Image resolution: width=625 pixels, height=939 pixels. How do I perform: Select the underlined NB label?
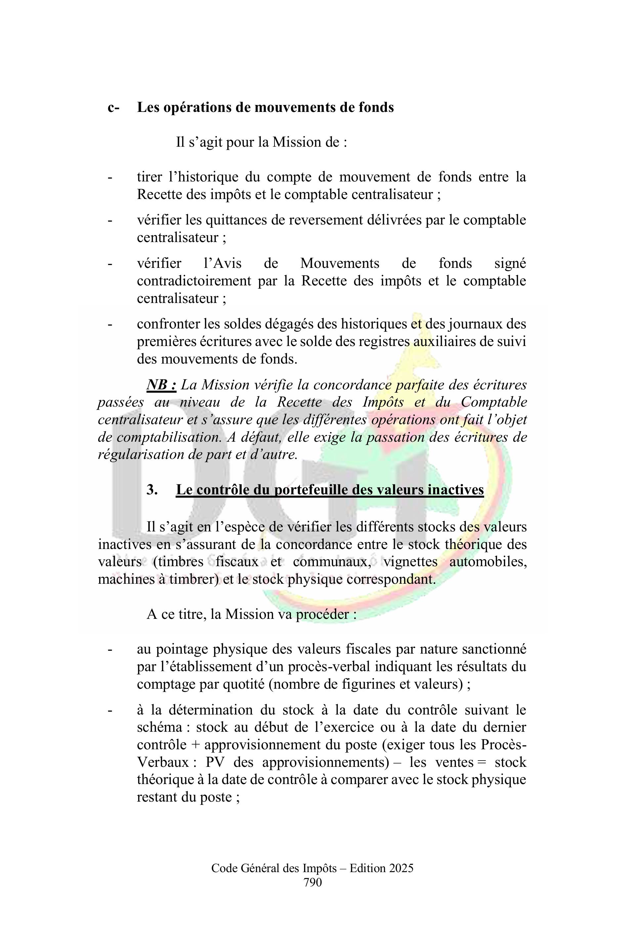(x=161, y=385)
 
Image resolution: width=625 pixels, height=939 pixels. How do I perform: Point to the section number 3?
(x=151, y=489)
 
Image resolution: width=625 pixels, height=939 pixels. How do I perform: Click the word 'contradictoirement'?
(x=194, y=281)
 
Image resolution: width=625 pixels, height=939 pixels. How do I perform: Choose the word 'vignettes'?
(x=410, y=562)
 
